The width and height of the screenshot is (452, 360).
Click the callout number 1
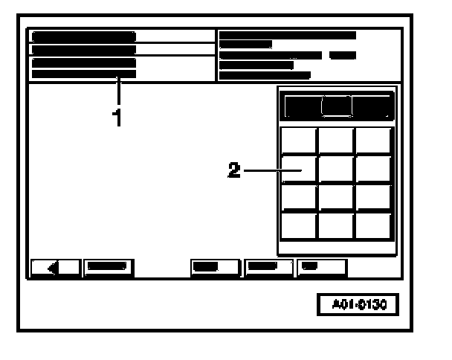point(117,117)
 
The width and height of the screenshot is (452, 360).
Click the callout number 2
point(233,170)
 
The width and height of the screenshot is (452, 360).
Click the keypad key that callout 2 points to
point(300,170)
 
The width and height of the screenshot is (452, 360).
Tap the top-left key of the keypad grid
point(300,141)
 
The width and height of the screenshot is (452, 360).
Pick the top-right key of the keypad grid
point(374,141)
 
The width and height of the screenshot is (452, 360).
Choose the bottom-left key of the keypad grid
point(300,225)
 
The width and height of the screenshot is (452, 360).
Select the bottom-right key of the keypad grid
point(374,225)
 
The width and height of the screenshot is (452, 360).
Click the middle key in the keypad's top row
point(337,141)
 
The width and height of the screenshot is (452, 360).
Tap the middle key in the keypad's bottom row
point(337,225)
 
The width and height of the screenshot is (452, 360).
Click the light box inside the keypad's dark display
point(337,106)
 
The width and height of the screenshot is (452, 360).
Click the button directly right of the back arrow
point(108,266)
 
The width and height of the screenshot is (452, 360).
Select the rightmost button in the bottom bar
point(322,266)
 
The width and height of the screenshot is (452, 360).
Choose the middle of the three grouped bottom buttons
point(268,266)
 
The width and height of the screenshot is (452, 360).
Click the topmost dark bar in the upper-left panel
point(83,36)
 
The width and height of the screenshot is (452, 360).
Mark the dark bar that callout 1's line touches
point(83,74)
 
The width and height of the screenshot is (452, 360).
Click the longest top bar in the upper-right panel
point(288,35)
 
